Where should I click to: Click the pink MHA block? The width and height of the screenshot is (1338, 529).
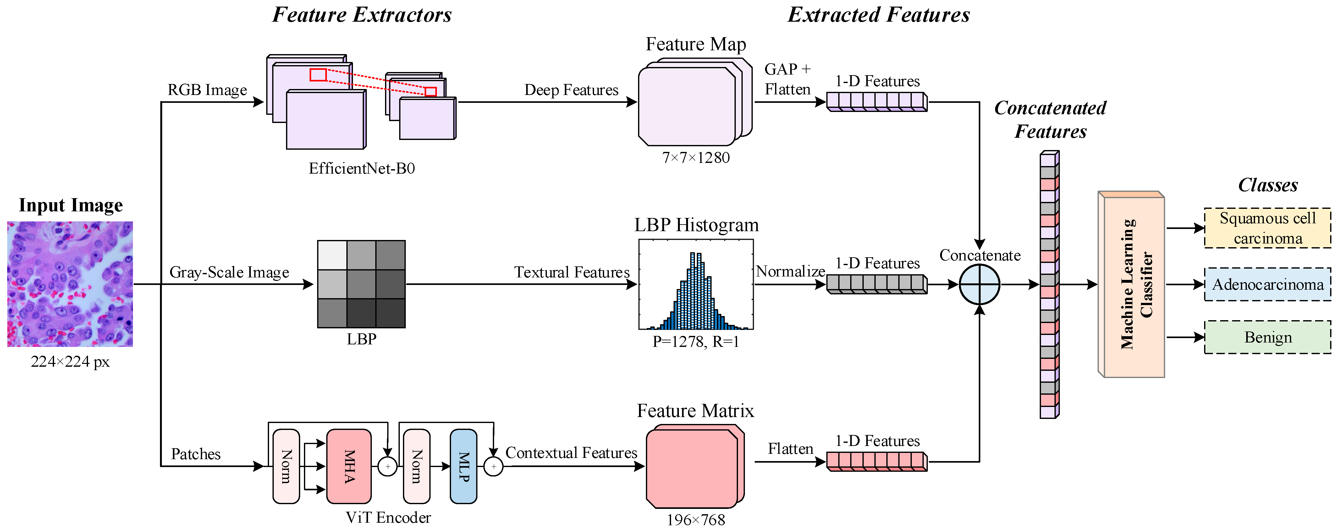[349, 466]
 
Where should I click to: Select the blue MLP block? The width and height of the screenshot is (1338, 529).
[463, 466]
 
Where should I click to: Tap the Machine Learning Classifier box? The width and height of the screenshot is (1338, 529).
[1131, 284]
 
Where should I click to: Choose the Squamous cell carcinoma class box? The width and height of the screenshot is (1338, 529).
[1267, 228]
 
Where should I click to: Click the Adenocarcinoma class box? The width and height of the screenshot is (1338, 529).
[1267, 284]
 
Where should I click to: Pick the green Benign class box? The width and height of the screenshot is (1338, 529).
[1267, 337]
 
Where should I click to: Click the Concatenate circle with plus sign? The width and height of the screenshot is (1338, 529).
[979, 285]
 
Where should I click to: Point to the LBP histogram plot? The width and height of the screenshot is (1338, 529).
[696, 284]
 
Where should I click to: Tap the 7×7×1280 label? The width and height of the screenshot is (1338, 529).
[696, 158]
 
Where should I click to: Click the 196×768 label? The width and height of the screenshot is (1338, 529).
[696, 520]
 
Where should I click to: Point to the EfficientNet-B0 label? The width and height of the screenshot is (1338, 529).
[361, 168]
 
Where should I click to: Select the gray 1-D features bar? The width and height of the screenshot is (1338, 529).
[877, 284]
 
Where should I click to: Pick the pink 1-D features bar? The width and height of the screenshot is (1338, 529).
[877, 461]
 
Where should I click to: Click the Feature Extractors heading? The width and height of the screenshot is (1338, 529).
[362, 14]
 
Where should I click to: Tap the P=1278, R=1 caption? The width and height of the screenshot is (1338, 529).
[696, 342]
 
